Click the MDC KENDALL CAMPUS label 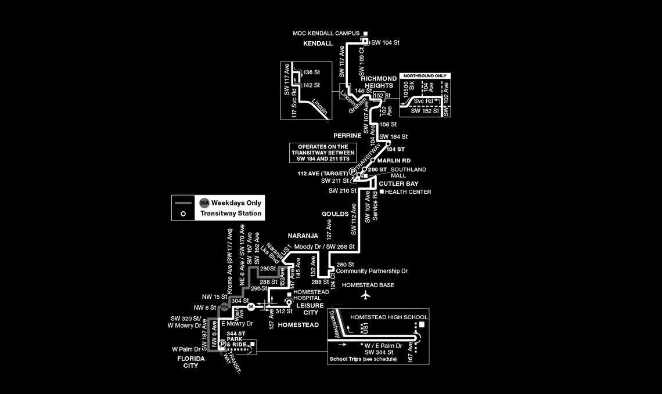point(326,34)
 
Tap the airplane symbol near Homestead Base point(365,295)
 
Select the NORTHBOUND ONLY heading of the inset point(425,76)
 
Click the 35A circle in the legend point(204,203)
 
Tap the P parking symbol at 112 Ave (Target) point(352,171)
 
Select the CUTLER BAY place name point(399,183)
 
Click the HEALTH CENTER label point(408,191)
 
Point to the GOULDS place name point(334,214)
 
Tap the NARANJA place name point(303,236)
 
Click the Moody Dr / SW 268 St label point(324,247)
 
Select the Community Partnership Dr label point(372,271)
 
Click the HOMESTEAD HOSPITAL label point(311,295)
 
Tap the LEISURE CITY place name point(311,309)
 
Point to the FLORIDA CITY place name point(190,362)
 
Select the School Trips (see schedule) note point(363,359)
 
